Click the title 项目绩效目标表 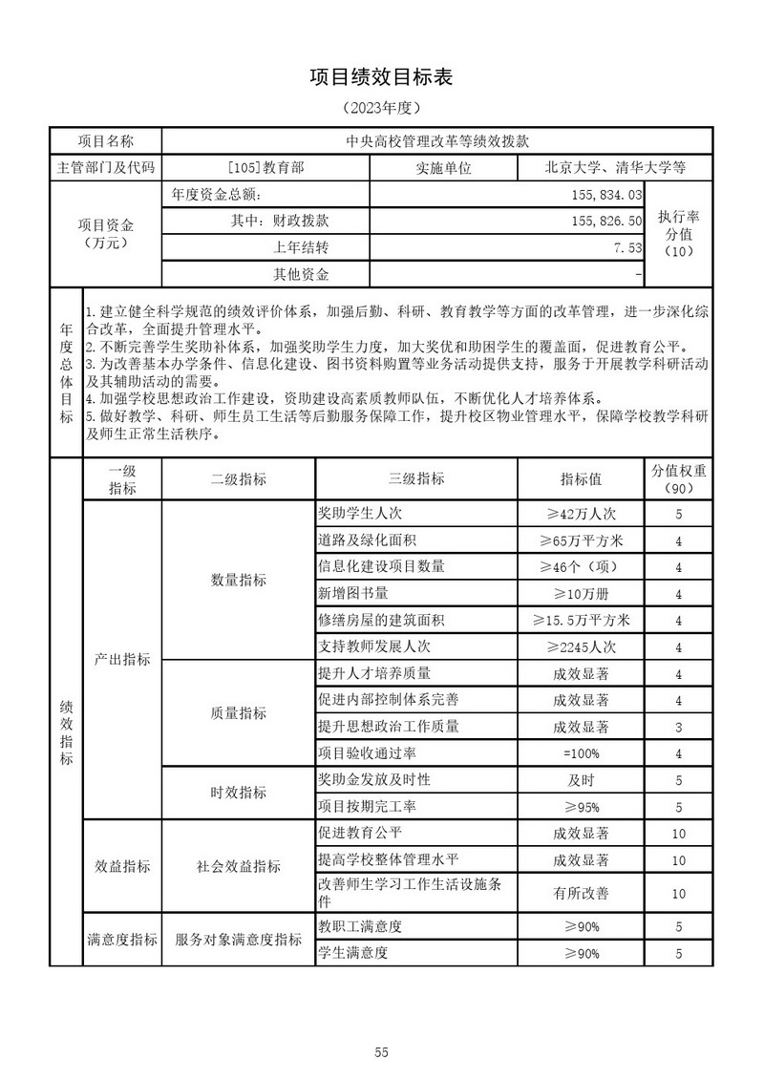point(381,77)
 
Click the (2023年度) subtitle point(381,108)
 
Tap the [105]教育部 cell point(266,167)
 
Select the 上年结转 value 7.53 point(626,247)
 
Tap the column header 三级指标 point(417,478)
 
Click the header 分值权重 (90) point(679,478)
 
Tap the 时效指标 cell point(239,793)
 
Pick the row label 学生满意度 point(353,952)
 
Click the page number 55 point(381,1027)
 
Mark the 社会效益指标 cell point(239,866)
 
